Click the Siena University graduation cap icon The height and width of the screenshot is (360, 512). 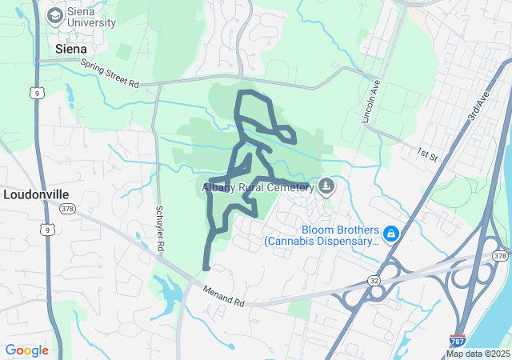[x=54, y=15]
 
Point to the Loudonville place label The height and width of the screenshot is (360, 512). [x=36, y=194]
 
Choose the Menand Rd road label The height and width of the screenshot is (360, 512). [x=223, y=296]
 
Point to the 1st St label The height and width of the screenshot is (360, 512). [x=427, y=152]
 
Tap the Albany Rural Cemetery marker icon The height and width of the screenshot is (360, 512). [x=326, y=187]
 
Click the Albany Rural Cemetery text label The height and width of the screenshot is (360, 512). [x=256, y=188]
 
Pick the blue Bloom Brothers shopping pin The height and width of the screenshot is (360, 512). [x=391, y=234]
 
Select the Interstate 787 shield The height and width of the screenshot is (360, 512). [x=457, y=341]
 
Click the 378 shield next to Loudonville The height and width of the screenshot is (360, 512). [x=67, y=210]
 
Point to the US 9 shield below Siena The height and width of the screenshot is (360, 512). [x=36, y=94]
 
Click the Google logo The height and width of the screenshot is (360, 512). [x=26, y=350]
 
